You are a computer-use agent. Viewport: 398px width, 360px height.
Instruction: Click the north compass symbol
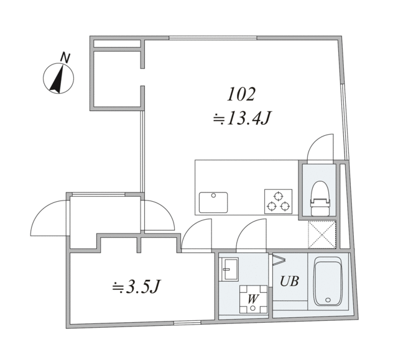[x=58, y=79]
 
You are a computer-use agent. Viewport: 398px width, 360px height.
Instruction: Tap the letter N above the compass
[x=65, y=58]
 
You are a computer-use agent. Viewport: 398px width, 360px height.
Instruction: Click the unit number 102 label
[x=241, y=95]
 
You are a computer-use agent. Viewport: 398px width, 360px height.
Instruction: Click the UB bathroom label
[x=289, y=281]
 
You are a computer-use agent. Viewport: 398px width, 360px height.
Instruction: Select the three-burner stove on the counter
[x=278, y=201]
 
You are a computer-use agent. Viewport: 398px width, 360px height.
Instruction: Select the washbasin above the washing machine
[x=228, y=268]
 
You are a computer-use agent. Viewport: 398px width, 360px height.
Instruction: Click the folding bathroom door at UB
[x=278, y=259]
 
